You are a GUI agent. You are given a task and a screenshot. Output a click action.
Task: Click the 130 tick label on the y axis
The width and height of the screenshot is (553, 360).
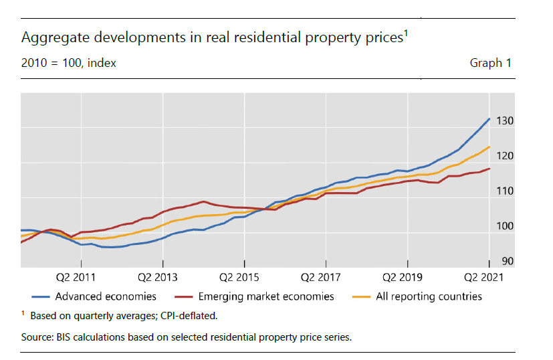(x=505, y=121)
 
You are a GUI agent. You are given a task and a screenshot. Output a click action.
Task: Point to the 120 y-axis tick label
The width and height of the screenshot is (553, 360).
(x=505, y=156)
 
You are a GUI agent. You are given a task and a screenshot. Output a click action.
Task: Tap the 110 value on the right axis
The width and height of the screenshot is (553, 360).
(x=505, y=191)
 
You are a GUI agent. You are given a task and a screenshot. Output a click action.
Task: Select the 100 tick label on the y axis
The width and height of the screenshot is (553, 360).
(x=505, y=226)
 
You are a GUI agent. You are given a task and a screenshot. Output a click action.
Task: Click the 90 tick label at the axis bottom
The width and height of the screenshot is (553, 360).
(x=508, y=261)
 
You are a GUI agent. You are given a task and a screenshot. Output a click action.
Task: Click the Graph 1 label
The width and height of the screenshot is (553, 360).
(x=490, y=63)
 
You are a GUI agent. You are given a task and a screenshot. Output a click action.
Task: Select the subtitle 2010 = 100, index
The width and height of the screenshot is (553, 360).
(x=69, y=63)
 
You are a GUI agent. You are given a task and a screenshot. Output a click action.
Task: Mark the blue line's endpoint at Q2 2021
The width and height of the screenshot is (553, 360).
(x=489, y=119)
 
